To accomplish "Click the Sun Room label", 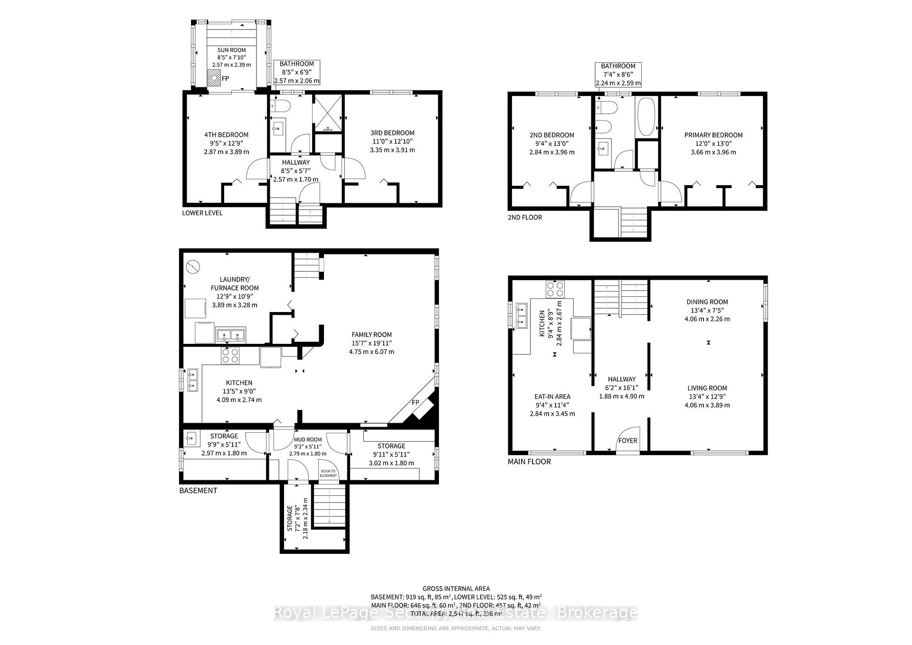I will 231,50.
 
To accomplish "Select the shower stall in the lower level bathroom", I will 327,113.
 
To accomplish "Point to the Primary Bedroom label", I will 713,135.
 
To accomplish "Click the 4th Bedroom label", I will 226,135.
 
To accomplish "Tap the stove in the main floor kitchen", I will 555,289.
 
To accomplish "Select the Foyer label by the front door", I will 627,441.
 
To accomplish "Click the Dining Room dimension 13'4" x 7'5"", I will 707,311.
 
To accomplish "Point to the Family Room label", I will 371,335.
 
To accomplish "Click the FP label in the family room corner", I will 415,403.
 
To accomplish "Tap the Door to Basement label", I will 328,474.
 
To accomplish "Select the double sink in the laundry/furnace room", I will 230,335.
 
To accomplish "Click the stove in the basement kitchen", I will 230,355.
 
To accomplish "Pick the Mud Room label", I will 307,440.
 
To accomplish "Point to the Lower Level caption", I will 202,213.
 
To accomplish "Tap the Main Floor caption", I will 529,462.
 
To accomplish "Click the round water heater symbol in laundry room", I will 193,267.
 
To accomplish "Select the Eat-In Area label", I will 552,397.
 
